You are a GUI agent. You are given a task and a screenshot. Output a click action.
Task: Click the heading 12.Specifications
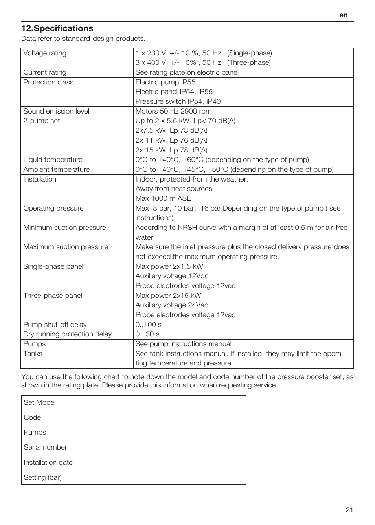coord(57,28)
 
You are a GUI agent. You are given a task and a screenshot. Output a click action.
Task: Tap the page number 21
coord(349,510)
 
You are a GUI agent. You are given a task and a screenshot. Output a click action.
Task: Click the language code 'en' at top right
coord(344,15)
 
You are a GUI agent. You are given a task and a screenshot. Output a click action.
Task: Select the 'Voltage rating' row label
coord(45,53)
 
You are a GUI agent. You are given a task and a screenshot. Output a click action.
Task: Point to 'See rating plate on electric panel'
coord(187,72)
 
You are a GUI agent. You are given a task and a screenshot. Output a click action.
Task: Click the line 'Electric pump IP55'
coord(165,82)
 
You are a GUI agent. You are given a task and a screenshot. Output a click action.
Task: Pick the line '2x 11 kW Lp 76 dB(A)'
coord(171,140)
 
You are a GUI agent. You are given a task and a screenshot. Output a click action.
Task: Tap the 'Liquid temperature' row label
coord(53,160)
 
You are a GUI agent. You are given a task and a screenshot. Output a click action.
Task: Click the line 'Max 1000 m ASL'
coord(163,198)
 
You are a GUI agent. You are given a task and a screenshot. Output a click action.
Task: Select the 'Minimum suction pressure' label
coord(64,228)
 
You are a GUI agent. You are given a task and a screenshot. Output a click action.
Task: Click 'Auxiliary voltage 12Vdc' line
coord(172,276)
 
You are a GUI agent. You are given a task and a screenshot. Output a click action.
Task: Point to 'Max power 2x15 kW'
coord(168,296)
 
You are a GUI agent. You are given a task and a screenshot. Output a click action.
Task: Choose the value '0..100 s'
coord(148,325)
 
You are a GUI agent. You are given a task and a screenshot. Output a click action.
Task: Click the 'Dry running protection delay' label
coord(67,334)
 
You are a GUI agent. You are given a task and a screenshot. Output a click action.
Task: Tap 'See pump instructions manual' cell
coord(183,344)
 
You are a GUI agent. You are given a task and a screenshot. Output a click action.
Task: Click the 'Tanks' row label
coord(33,354)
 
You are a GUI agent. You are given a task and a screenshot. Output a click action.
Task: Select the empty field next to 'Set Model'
coord(178,402)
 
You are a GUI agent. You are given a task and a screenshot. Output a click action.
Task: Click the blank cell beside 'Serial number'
coord(178,447)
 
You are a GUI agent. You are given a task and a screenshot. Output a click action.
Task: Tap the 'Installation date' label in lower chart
coord(48,463)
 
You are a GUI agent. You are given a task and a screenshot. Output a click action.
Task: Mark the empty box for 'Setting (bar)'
coord(178,477)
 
